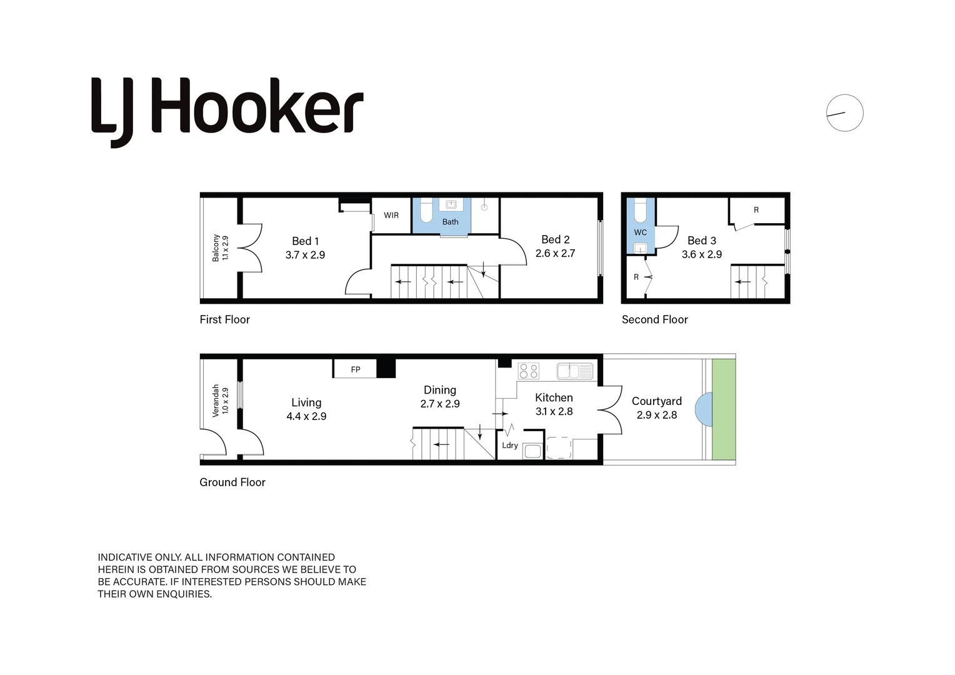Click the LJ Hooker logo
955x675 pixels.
[x=227, y=112]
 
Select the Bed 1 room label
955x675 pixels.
[x=305, y=241]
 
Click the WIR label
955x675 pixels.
[x=391, y=216]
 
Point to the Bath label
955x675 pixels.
[x=450, y=222]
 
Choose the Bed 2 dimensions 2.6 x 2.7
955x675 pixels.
[x=555, y=253]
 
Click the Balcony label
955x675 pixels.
[x=216, y=247]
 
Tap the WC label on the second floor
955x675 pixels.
[x=641, y=232]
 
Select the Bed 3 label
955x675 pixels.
[x=702, y=241]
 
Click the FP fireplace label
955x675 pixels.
[x=356, y=370]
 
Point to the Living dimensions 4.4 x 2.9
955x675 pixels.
[x=306, y=416]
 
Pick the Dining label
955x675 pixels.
[x=440, y=390]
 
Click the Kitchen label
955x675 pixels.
[x=554, y=398]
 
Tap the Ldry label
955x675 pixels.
[x=510, y=445]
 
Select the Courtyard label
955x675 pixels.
[x=656, y=401]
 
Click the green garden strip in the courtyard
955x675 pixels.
[x=724, y=409]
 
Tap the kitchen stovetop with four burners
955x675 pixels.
[x=529, y=371]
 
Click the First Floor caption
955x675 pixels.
[x=224, y=319]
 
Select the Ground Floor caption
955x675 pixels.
[x=232, y=482]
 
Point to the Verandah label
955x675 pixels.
[x=216, y=401]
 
